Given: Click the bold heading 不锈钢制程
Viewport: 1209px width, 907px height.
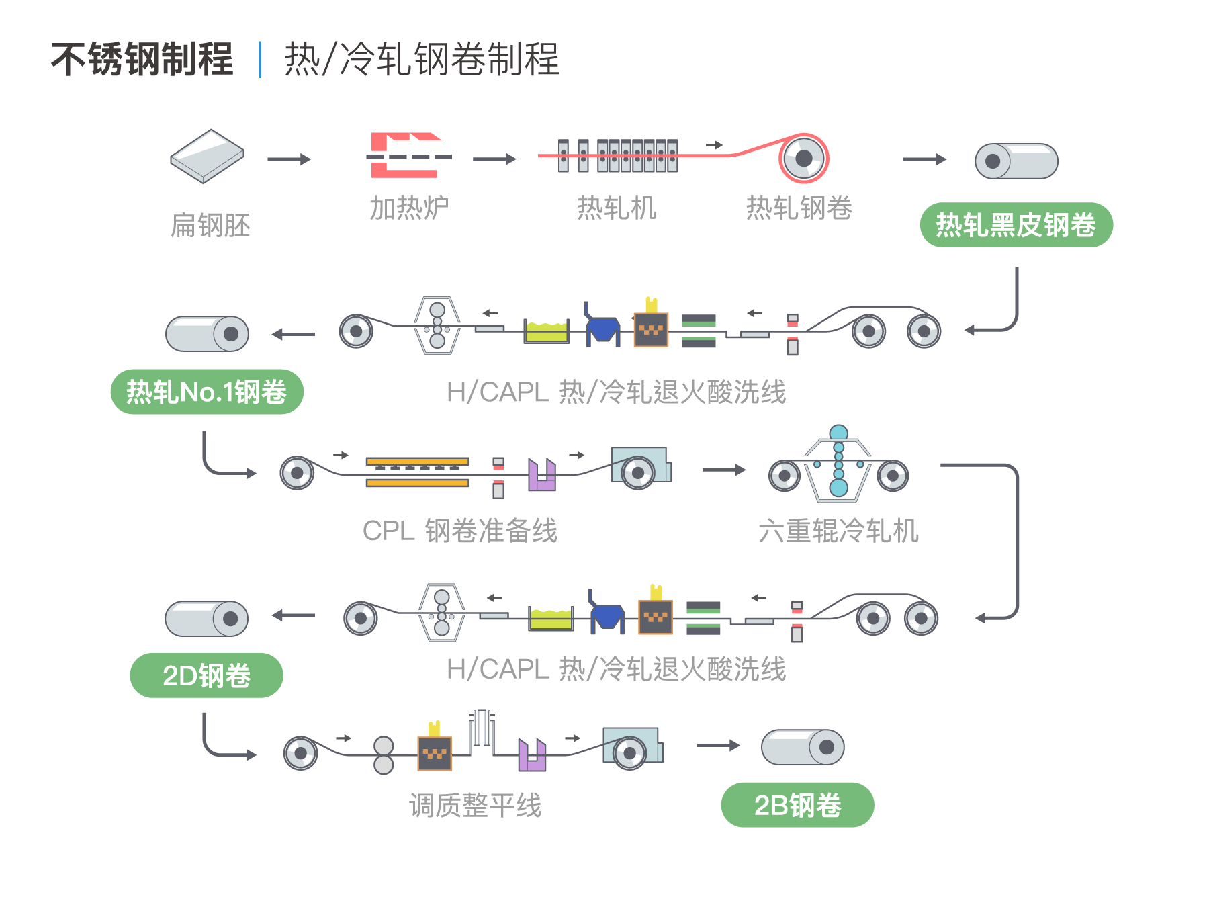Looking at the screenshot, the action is point(142,59).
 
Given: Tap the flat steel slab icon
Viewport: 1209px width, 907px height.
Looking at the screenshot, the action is point(207,156).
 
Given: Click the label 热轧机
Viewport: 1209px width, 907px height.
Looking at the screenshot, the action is point(617,208).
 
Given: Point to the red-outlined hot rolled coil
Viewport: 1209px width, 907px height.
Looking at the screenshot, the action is point(803,159).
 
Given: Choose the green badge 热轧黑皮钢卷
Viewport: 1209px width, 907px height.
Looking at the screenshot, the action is point(1016,224).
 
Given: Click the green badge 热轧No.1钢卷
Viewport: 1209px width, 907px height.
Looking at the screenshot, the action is point(207,392).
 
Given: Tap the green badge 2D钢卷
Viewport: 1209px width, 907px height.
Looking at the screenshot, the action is point(206,675).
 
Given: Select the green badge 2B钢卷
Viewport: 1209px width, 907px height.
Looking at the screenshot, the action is point(797,805).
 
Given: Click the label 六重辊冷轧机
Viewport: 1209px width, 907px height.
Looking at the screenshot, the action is point(838,531).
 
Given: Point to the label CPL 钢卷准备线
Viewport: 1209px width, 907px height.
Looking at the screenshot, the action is point(460,531).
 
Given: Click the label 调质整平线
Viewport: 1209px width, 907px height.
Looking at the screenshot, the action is point(475,805).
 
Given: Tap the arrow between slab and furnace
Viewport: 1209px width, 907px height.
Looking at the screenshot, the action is point(289,159).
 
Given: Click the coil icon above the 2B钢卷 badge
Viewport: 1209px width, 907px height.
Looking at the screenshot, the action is point(803,747).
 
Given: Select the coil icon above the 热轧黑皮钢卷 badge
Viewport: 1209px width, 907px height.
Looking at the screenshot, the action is point(1016,161).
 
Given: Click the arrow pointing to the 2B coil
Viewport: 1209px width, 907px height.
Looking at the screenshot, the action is point(718,745).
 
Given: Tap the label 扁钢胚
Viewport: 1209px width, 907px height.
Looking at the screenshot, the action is point(210,225).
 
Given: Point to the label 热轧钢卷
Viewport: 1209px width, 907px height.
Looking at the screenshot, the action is point(799,208).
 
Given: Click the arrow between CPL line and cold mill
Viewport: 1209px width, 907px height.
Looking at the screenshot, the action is point(724,470).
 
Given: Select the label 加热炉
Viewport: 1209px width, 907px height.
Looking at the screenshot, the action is point(409,208).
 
